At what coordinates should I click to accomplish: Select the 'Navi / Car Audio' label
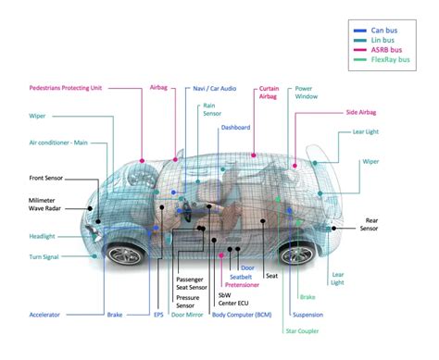[x=214, y=89]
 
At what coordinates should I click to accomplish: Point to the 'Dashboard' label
[x=235, y=128]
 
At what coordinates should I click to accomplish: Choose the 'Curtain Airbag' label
[x=269, y=93]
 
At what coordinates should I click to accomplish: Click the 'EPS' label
[x=158, y=315]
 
